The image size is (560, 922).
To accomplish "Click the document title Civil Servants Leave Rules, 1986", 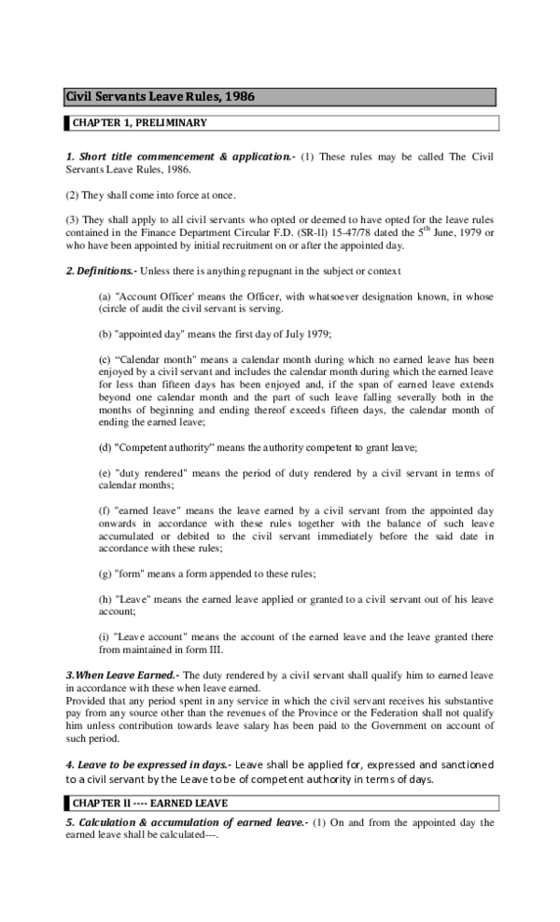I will point(160,96).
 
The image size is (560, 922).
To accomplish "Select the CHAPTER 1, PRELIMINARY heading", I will point(140,122).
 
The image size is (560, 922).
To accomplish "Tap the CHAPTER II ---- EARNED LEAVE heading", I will point(150,803).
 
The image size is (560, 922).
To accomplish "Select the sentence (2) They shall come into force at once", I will point(150,195).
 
